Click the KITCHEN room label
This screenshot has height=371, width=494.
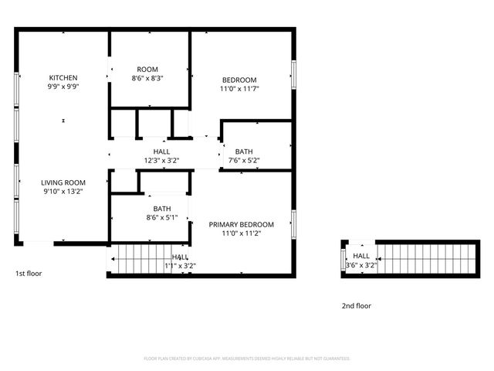63,77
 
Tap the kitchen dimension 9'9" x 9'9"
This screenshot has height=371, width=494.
63,87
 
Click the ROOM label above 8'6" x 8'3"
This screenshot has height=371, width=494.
147,69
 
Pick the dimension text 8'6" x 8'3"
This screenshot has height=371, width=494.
147,78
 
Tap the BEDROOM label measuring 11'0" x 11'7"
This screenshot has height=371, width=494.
239,80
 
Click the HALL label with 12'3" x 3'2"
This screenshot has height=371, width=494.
161,151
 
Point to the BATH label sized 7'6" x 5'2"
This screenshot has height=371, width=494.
244,151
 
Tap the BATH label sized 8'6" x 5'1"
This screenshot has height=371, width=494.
162,208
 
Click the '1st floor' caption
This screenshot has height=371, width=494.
29,274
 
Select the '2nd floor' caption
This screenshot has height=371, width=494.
357,306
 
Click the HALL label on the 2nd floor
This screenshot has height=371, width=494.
361,256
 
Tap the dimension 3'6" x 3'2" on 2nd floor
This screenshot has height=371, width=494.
361,265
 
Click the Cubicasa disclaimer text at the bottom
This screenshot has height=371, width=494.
247,359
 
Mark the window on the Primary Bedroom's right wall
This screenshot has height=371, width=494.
294,223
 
